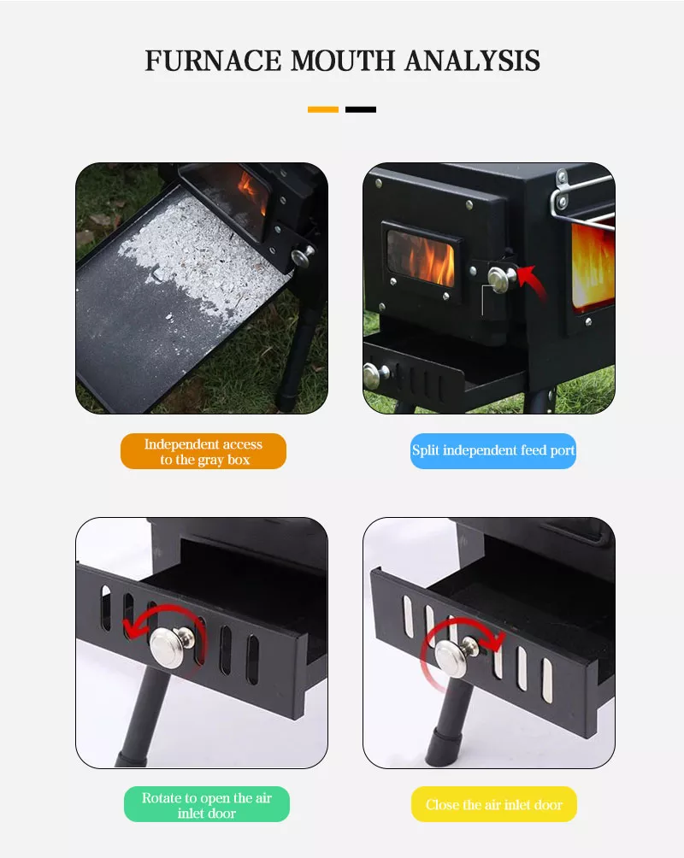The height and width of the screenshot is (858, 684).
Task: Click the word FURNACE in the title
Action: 214,61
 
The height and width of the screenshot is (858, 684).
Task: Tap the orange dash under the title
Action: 323,109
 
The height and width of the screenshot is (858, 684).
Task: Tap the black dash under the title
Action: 361,109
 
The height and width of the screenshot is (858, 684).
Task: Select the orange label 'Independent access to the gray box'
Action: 203,451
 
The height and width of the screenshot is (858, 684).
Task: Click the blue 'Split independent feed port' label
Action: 493,450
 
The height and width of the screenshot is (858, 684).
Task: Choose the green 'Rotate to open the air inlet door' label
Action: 207,804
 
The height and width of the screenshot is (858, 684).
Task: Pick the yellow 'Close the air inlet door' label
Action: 494,804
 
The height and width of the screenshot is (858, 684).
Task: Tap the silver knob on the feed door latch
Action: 499,275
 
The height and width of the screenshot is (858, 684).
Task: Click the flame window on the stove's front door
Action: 420,257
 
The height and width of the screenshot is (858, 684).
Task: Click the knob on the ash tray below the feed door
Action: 374,373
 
